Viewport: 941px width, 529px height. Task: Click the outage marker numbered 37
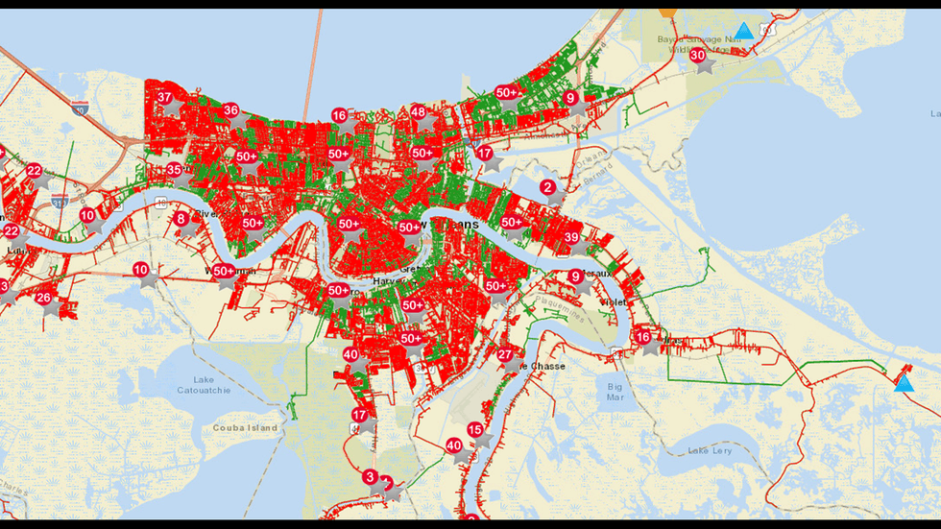(x=165, y=97)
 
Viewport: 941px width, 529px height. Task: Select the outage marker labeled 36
(x=230, y=110)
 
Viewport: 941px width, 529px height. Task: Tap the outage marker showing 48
(x=418, y=111)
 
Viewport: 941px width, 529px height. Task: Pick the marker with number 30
(x=698, y=56)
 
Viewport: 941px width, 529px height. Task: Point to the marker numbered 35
(x=174, y=170)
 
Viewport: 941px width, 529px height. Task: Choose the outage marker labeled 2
(x=547, y=186)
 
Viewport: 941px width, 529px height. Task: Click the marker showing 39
(x=571, y=237)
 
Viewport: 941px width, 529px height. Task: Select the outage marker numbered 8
(x=181, y=218)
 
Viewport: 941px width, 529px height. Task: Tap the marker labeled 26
(x=44, y=298)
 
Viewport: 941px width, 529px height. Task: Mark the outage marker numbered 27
(x=505, y=354)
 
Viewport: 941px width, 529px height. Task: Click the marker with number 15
(x=474, y=430)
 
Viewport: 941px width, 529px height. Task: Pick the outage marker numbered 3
(x=371, y=476)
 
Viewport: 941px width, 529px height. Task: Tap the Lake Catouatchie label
(x=202, y=385)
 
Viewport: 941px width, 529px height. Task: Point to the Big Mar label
(x=615, y=390)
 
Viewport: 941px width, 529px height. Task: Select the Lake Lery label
(x=711, y=449)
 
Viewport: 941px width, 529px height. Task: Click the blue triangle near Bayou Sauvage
(x=743, y=31)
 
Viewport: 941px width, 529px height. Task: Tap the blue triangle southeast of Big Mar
(x=903, y=383)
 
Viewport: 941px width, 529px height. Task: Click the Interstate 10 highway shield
(x=80, y=108)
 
